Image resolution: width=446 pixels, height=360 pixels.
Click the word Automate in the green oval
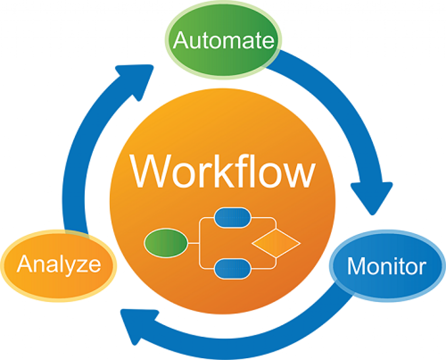pos(223,41)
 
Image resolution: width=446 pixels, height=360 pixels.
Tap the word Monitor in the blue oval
pos(386,266)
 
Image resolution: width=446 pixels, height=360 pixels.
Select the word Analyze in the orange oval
pos(59,264)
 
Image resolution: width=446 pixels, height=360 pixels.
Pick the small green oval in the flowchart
pos(166,242)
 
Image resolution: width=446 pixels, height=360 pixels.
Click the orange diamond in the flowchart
pos(276,242)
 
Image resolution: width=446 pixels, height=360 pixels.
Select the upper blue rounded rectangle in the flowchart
pos(233,217)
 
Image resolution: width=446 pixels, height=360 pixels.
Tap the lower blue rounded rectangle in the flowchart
pos(233,268)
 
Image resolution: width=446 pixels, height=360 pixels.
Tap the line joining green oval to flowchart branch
pos(193,242)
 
